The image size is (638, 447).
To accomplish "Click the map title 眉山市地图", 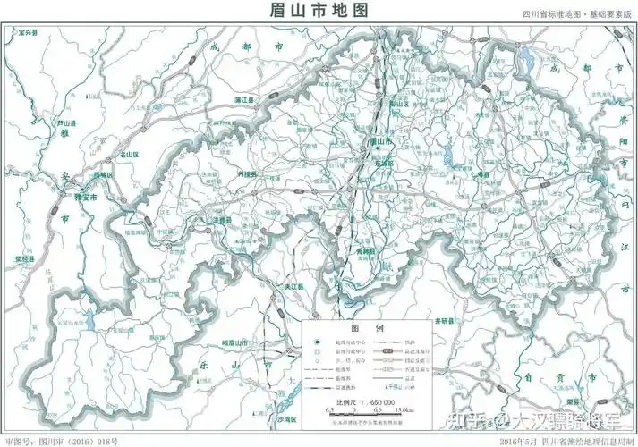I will pyautogui.click(x=319, y=10).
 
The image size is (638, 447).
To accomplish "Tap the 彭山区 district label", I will pyautogui.click(x=398, y=103).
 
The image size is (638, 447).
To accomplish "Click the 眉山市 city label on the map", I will pyautogui.click(x=382, y=142).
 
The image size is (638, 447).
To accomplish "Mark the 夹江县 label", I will pyautogui.click(x=295, y=286).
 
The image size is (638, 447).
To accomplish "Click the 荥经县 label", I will pyautogui.click(x=24, y=258).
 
